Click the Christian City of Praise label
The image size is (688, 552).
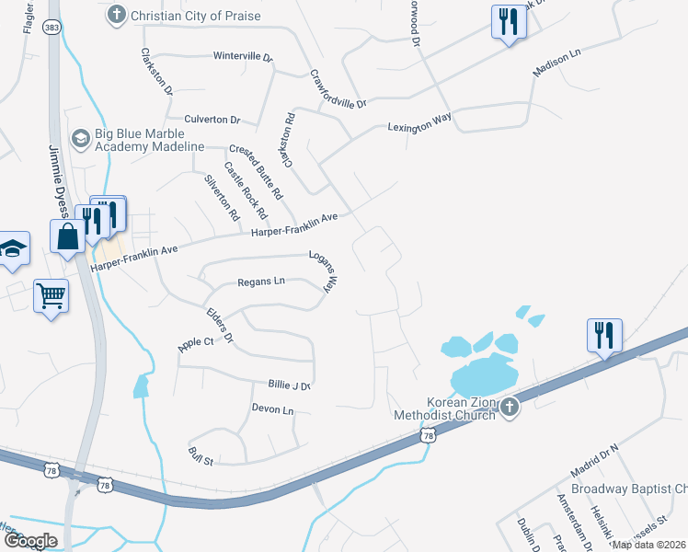point(195,15)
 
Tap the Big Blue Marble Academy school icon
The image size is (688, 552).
point(81,137)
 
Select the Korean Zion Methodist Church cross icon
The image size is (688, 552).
point(510,407)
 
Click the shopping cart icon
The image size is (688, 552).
point(51,296)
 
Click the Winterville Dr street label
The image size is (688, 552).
point(243,57)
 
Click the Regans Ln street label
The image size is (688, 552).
point(261,282)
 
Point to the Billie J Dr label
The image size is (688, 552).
point(291,385)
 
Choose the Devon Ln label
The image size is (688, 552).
point(272,409)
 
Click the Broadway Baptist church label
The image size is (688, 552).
point(628,489)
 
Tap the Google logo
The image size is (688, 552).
point(30,541)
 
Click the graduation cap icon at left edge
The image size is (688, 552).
point(12,248)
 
